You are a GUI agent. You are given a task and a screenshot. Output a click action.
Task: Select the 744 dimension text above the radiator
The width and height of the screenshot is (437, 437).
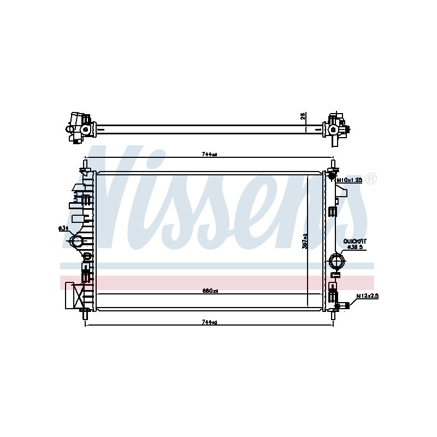tap(209, 155)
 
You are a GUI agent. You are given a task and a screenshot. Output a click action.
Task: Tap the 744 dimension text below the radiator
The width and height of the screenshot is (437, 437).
tap(209, 322)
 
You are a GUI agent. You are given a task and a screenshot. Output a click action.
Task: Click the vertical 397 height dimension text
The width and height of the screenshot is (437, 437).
tap(305, 241)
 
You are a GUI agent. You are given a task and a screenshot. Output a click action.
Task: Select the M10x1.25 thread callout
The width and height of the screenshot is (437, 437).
tap(350, 180)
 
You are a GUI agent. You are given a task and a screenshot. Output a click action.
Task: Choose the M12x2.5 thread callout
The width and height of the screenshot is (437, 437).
tap(367, 296)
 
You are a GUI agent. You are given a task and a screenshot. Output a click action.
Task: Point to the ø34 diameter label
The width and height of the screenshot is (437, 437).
tap(63, 228)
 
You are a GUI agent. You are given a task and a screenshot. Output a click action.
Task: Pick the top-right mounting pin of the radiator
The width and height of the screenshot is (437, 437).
tap(332, 164)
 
